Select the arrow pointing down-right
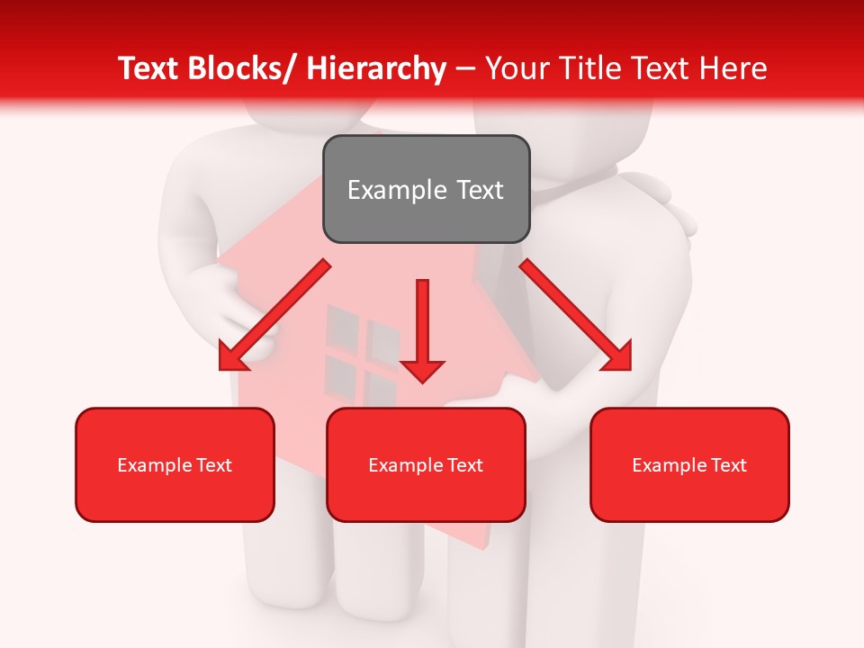576,316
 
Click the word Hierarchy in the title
376,68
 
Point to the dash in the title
465,69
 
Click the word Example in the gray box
396,190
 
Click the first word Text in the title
150,68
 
